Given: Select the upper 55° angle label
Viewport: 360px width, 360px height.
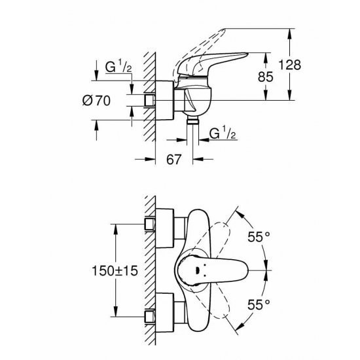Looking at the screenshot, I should pos(259,238).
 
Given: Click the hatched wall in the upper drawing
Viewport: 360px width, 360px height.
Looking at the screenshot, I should pos(150,98).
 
